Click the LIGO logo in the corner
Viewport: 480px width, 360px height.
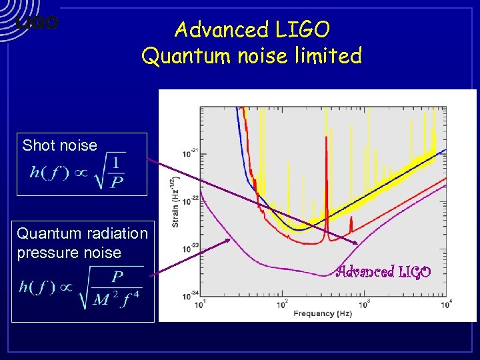[x=37, y=23]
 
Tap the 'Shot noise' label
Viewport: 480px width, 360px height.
[x=59, y=145]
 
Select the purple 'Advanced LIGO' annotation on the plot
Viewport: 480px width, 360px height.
[x=383, y=272]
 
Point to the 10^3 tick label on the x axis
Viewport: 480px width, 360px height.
[x=364, y=303]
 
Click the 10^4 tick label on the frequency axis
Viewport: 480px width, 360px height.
[x=447, y=303]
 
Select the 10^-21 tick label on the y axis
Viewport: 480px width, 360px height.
[x=193, y=153]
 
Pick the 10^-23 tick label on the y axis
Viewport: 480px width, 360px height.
[x=193, y=246]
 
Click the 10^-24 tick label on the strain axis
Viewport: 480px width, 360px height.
[x=193, y=293]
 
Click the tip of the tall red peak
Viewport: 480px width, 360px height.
[x=326, y=137]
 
